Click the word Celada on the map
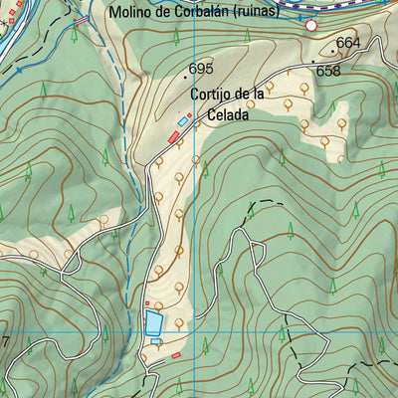click(x=226, y=114)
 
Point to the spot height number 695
click(x=201, y=69)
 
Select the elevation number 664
click(x=348, y=43)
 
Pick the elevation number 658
click(x=328, y=71)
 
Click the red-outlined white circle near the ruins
click(x=311, y=25)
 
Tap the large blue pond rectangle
click(x=152, y=321)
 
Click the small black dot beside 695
click(x=185, y=75)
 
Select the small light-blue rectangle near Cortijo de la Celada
click(x=182, y=121)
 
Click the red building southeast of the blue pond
click(x=176, y=354)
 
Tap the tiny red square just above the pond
click(x=147, y=303)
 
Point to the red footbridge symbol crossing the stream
click(x=82, y=21)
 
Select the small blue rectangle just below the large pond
click(x=156, y=341)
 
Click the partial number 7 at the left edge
click(x=4, y=342)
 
